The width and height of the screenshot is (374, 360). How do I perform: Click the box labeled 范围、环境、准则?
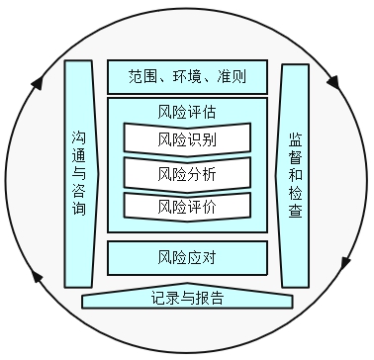(x=187, y=76)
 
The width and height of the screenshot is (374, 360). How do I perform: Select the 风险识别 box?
(x=187, y=138)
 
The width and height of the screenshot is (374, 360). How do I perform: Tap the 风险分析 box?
(x=187, y=173)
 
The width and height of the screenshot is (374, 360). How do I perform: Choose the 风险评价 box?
(x=187, y=207)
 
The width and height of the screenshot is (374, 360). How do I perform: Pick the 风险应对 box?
(x=187, y=259)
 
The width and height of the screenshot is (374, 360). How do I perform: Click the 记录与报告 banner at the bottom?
(x=188, y=298)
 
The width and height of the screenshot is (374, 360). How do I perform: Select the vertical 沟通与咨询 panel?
(x=80, y=173)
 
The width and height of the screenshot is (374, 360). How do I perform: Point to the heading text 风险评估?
(x=187, y=110)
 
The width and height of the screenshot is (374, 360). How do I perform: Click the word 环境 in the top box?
(x=187, y=76)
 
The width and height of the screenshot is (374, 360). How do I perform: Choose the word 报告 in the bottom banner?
(x=209, y=298)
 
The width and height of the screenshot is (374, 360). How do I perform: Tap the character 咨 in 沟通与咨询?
(x=80, y=191)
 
